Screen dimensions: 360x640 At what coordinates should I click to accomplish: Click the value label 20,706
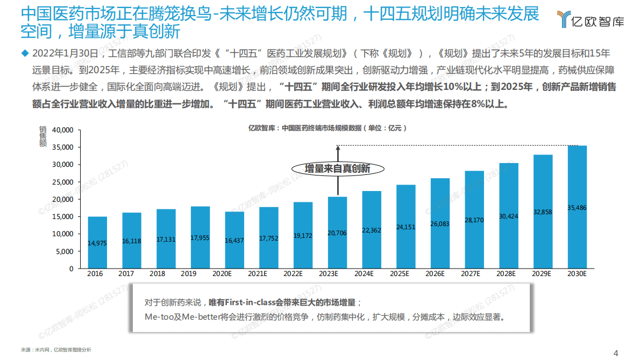coord(338,233)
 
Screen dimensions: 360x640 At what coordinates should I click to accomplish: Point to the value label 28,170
coord(474,220)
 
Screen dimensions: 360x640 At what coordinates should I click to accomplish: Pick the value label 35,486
coord(577,207)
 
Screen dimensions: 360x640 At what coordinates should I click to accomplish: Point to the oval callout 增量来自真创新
coord(338,168)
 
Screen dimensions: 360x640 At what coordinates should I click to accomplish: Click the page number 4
coord(616,353)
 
